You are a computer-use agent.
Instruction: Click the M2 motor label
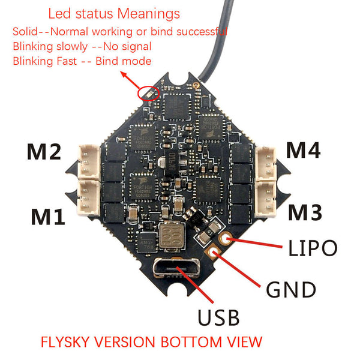43,152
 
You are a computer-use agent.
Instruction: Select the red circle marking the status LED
148,93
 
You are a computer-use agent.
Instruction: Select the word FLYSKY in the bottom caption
67,341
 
